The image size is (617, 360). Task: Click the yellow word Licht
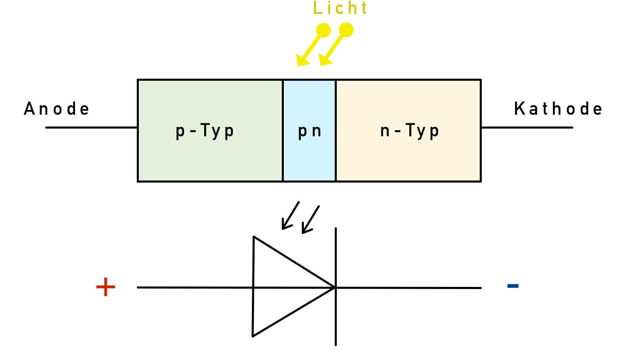[341, 9]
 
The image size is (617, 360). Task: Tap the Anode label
[57, 109]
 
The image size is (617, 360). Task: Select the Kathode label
[558, 109]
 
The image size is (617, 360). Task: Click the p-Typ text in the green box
[205, 131]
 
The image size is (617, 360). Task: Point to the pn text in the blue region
[310, 131]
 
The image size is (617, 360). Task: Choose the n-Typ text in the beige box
[410, 131]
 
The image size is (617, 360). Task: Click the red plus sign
[105, 287]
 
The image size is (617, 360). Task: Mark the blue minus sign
[513, 285]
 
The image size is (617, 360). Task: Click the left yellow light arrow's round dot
[323, 30]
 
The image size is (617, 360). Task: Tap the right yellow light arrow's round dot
[347, 30]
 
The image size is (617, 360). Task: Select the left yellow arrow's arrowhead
[302, 61]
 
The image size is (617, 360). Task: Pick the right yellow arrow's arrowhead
[324, 61]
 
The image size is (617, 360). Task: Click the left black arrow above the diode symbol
[289, 216]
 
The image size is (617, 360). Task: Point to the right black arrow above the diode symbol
[310, 220]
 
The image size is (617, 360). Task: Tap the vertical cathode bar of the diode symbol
[336, 257]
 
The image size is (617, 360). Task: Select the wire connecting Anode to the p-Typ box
[92, 127]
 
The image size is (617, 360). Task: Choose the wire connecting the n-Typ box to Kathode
[527, 127]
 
